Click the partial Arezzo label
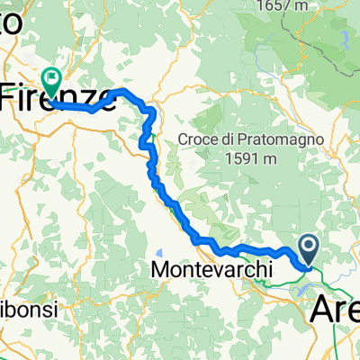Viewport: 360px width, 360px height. coord(335,310)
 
